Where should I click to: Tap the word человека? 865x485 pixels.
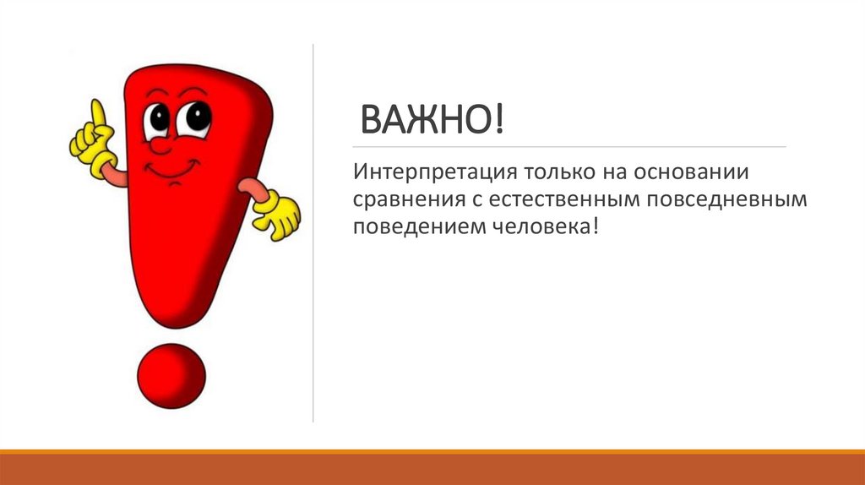[533, 228]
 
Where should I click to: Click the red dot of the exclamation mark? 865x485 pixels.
[171, 375]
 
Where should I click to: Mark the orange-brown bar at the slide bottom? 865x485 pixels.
[432, 469]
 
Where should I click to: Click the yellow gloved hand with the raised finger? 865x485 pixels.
[95, 144]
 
